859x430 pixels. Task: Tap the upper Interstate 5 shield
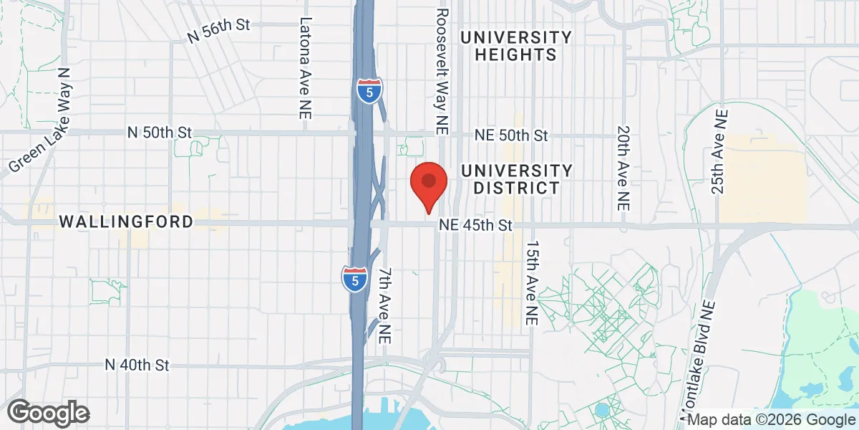[368, 91]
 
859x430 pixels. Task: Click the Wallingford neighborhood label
[126, 221]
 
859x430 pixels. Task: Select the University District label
[517, 179]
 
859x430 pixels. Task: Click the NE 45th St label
[476, 225]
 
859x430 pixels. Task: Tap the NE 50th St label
[513, 135]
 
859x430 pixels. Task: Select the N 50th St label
[160, 133]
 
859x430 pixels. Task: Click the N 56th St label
[218, 29]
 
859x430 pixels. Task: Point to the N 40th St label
[136, 365]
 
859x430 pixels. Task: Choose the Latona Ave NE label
[306, 67]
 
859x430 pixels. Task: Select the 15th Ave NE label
[530, 284]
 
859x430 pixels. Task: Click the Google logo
[48, 412]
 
